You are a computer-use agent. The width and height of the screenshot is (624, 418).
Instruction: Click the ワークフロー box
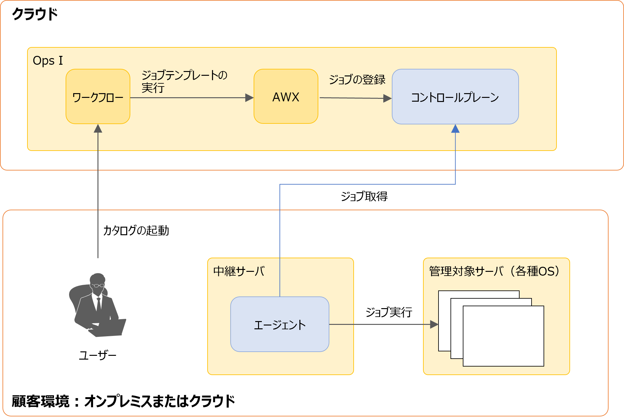point(98,97)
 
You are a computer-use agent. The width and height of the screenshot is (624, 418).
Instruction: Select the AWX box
point(286,97)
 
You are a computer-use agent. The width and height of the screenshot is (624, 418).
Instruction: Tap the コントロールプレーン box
point(455,97)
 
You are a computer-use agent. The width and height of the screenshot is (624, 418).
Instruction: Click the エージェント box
point(280,325)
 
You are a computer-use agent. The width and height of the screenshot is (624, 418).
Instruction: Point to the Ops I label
point(48,60)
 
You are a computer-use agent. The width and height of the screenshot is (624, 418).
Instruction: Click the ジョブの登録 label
point(357,80)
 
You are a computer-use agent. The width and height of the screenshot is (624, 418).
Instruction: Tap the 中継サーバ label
point(239,271)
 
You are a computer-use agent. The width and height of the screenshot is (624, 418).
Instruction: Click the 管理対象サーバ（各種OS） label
point(494,271)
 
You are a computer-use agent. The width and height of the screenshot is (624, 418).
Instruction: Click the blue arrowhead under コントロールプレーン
point(455,129)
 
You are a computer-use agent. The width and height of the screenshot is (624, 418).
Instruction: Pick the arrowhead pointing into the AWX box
point(249,98)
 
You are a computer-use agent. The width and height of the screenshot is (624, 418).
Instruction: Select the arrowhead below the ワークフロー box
point(98,129)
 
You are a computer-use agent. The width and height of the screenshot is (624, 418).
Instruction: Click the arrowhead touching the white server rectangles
point(434,324)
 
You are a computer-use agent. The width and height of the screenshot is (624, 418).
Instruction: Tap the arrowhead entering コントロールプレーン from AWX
point(387,99)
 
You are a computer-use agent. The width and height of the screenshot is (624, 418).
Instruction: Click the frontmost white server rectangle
point(503,336)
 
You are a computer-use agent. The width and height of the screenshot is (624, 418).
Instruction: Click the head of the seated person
point(97,280)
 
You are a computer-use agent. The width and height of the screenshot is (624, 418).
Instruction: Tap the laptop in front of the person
point(109,328)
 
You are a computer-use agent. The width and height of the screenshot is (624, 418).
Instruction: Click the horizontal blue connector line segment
point(368,184)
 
